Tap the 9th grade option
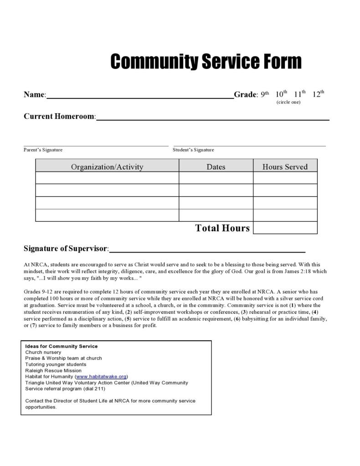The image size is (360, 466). [265, 94]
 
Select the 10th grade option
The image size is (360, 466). [281, 94]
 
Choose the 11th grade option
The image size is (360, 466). [299, 94]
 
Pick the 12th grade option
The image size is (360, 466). [318, 94]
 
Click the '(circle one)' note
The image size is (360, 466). [288, 102]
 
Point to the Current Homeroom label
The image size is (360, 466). [60, 116]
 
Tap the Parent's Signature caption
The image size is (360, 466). [43, 150]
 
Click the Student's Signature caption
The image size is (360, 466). [193, 150]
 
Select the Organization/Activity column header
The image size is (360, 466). [107, 167]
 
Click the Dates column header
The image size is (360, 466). [216, 167]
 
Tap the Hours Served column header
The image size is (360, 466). [285, 167]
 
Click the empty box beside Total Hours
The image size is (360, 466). [285, 228]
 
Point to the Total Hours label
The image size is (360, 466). [222, 228]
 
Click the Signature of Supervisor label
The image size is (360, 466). [66, 249]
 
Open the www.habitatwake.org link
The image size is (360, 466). [101, 377]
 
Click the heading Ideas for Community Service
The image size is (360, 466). [62, 346]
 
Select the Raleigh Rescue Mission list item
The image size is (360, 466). [53, 371]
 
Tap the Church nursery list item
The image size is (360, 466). [43, 352]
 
